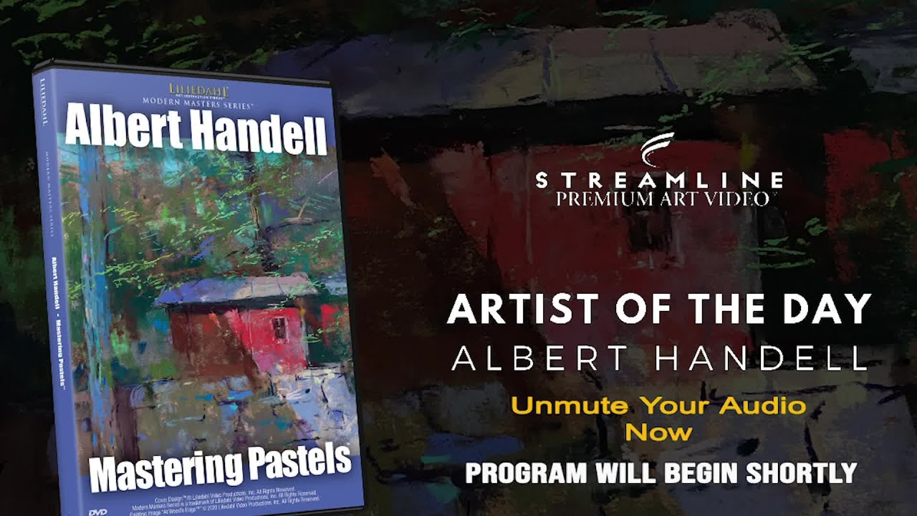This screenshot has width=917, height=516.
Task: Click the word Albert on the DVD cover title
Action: tap(115, 128)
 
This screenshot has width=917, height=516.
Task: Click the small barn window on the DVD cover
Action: tap(279, 328)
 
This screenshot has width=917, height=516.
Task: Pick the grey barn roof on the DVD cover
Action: tap(236, 288)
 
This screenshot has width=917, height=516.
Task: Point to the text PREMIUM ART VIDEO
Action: tap(662, 199)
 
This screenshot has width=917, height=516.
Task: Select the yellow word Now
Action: tap(658, 431)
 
